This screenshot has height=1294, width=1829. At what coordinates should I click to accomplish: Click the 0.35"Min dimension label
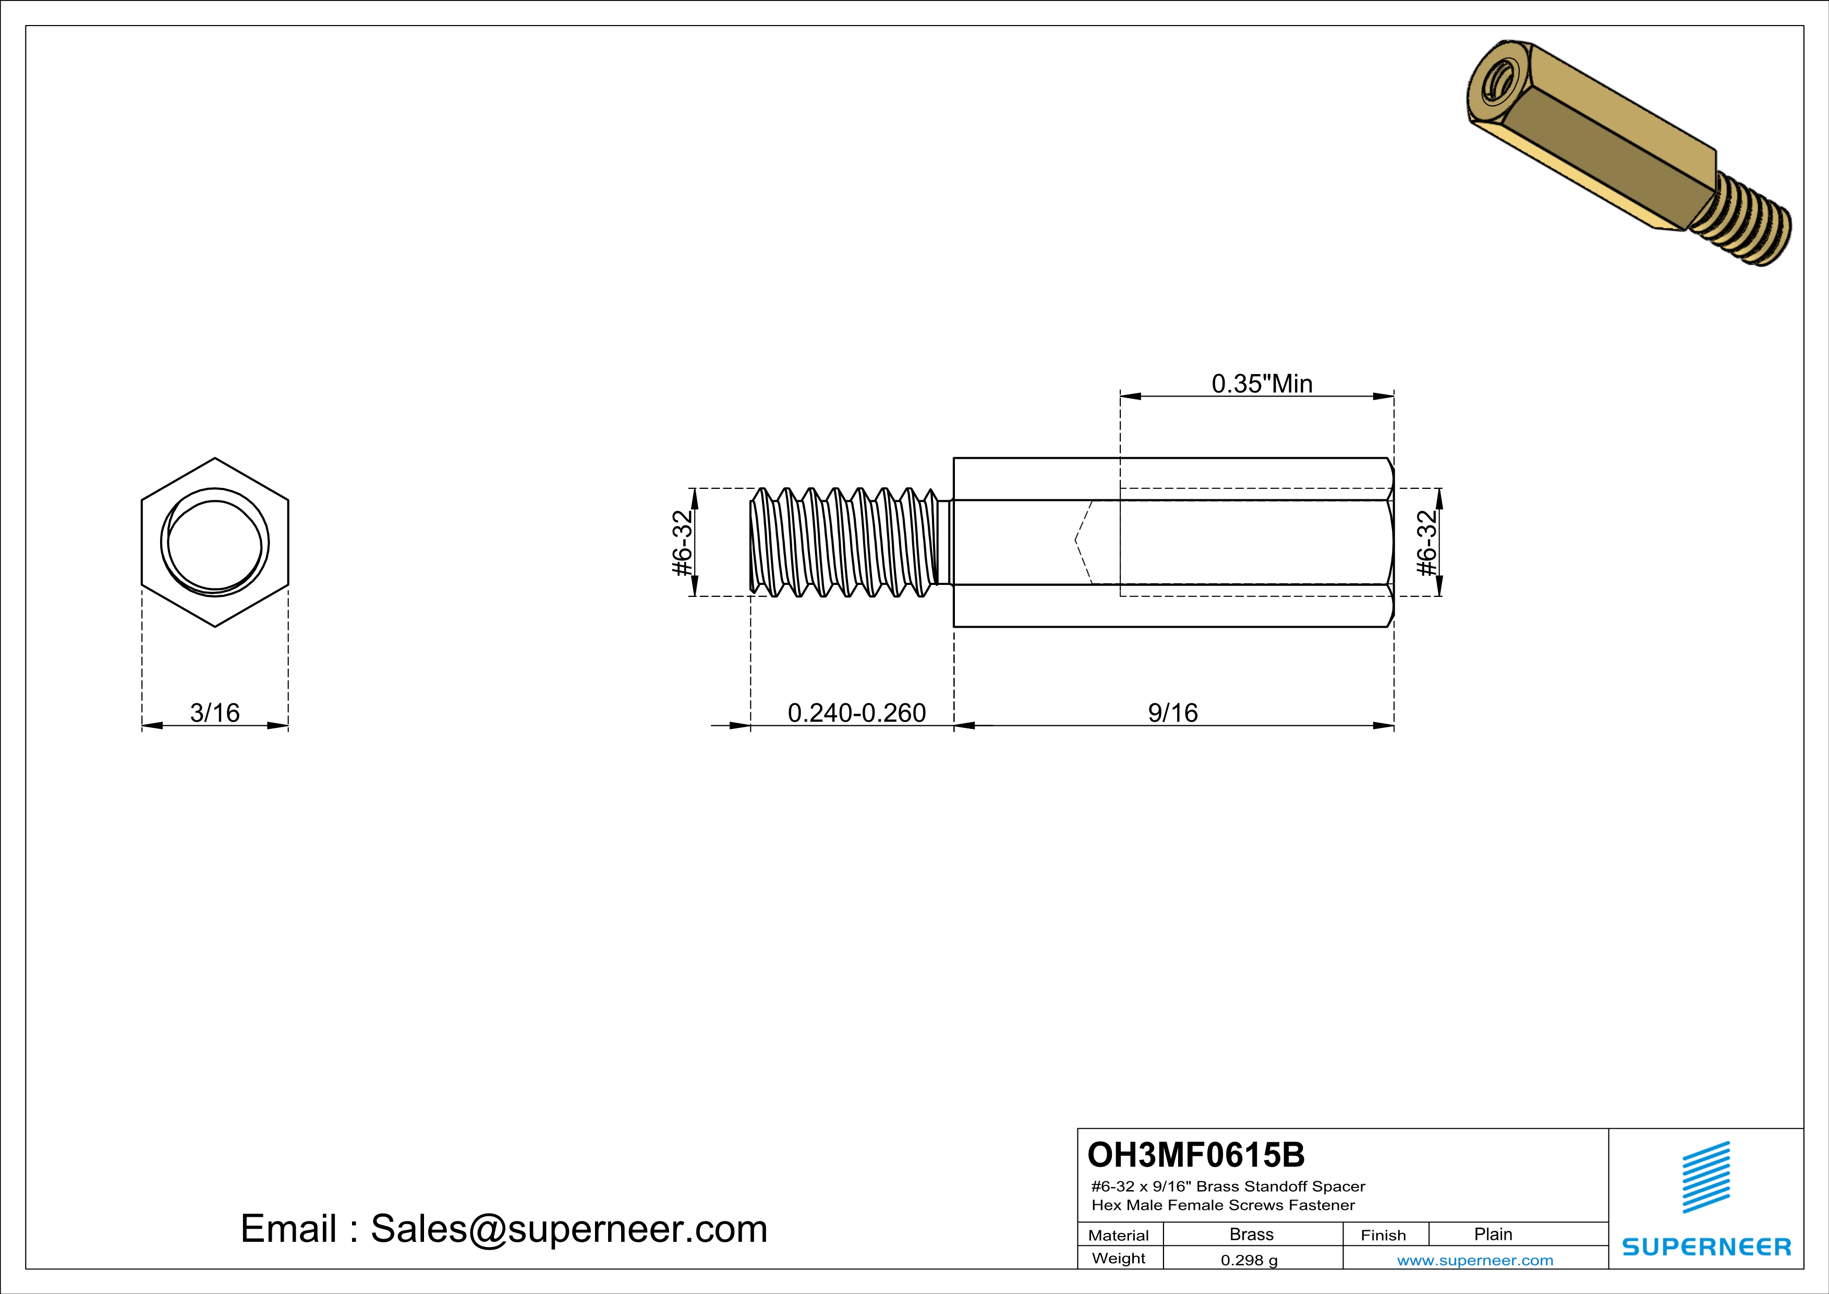click(1262, 384)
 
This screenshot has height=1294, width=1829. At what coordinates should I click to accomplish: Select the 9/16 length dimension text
click(1172, 712)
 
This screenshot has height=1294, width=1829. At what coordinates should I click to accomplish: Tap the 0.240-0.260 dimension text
click(856, 712)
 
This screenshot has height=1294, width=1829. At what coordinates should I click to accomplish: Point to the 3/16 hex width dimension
click(214, 712)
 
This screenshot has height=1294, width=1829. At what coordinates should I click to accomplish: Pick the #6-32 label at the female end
click(1427, 543)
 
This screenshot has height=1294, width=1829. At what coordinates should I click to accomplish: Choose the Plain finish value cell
click(1492, 1234)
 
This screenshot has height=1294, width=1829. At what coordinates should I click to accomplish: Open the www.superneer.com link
click(1474, 1260)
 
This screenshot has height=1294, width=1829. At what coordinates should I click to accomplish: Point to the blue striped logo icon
click(1705, 1177)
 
